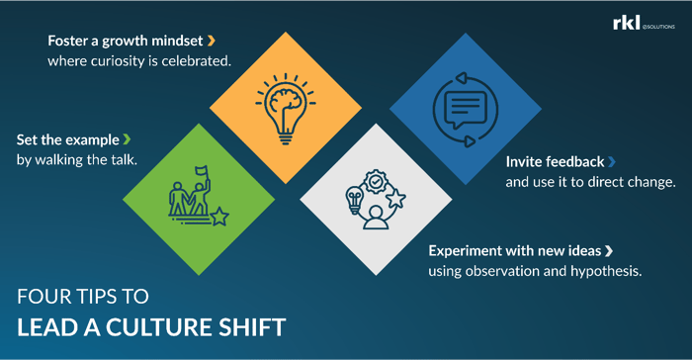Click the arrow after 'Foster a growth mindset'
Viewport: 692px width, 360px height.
coord(212,41)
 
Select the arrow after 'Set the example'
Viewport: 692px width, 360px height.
coord(126,139)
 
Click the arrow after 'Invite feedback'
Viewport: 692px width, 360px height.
coord(612,161)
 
